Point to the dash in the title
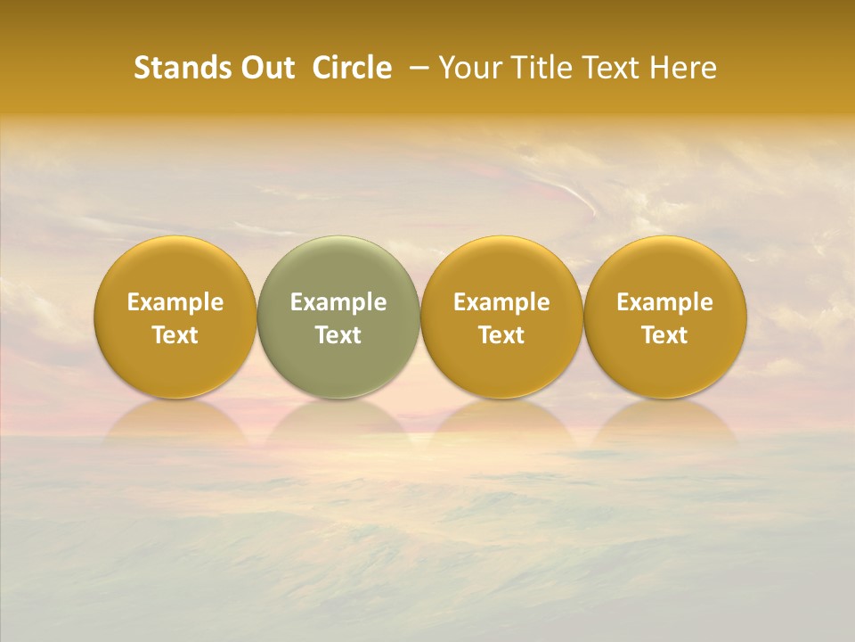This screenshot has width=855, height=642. click(416, 68)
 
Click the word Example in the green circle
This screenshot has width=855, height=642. click(338, 302)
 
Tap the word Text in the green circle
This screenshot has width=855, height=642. click(338, 335)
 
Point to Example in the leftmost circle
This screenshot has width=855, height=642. click(175, 302)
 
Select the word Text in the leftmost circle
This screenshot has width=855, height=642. click(175, 335)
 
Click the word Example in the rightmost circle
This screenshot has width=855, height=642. click(665, 302)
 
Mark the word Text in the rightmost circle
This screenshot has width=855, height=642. click(665, 335)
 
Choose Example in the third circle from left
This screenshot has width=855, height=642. click(501, 302)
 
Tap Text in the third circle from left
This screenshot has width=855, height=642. click(501, 335)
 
